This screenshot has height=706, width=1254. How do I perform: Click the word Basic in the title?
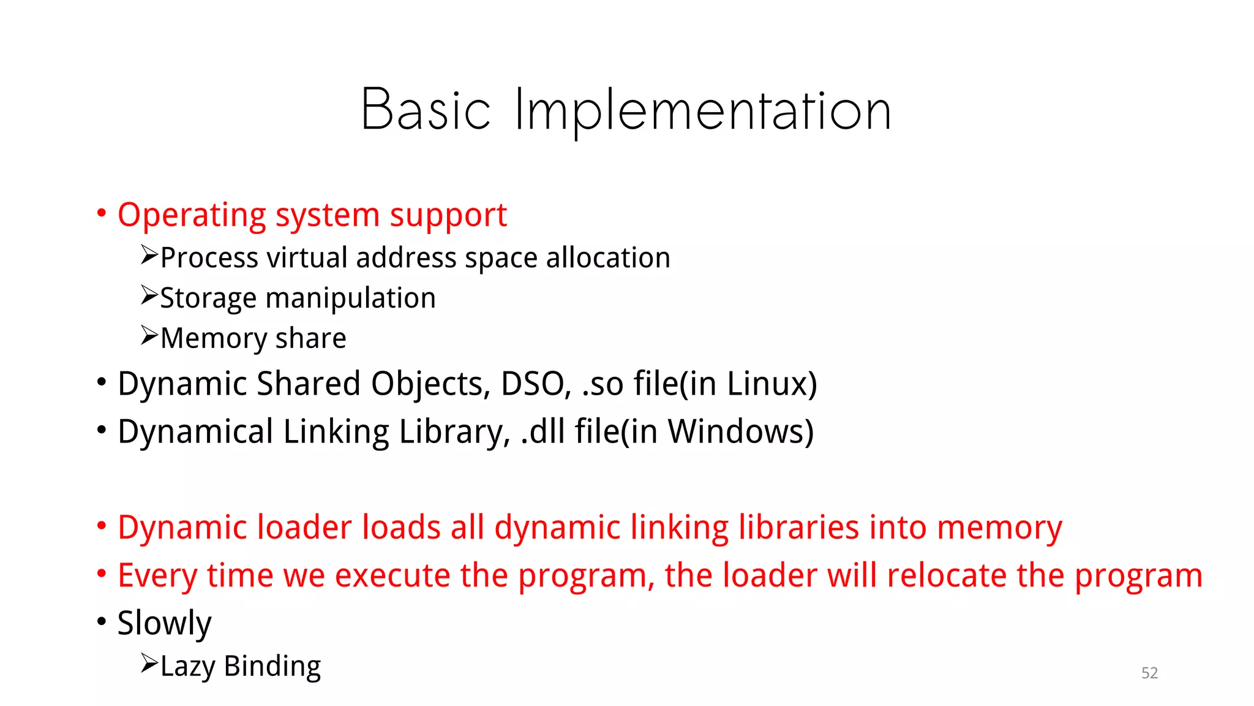426,110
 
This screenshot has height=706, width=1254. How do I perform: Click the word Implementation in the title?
702,112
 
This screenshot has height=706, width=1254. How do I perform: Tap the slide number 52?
1149,673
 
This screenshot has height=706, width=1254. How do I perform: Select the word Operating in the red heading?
192,216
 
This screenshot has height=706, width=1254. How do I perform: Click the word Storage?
208,298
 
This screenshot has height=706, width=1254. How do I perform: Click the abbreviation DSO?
535,384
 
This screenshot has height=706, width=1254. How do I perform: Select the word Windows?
737,432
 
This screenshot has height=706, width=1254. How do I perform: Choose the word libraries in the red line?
798,528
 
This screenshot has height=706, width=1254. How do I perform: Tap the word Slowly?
164,624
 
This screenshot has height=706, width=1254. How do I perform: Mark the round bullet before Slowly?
102,621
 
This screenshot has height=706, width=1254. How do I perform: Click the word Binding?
272,666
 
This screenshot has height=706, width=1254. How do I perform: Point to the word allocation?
608,258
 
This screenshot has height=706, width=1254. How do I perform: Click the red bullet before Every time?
102,574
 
